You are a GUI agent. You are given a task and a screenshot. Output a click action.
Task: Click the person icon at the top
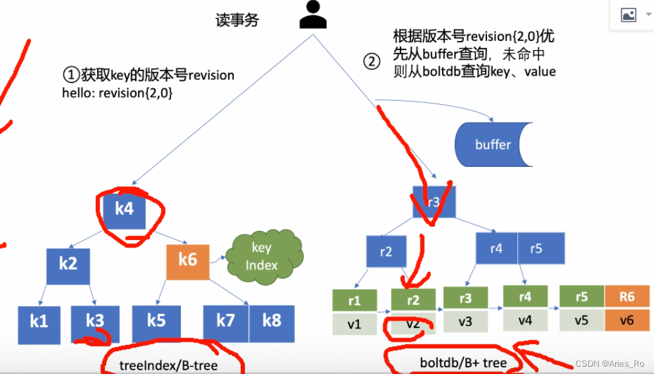(313, 15)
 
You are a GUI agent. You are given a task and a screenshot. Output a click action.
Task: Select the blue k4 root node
(125, 209)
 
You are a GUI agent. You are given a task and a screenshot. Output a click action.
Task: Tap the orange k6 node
(187, 259)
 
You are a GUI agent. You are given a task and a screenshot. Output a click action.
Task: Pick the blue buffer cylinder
(492, 144)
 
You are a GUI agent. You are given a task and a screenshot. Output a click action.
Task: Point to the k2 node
(67, 264)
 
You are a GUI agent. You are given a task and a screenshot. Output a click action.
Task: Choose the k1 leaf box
(39, 322)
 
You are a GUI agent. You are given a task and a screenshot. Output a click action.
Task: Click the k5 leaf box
(156, 322)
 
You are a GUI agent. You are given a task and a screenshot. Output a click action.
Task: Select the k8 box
(271, 322)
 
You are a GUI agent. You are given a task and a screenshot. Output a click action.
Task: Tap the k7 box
(226, 322)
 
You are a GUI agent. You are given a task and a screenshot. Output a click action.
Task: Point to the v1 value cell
(354, 323)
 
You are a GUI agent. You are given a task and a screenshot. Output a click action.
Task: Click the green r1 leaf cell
(354, 300)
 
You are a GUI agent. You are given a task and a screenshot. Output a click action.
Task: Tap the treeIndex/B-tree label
(168, 365)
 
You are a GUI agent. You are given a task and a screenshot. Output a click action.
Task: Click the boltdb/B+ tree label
(463, 362)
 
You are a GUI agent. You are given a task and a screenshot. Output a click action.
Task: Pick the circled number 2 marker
(372, 61)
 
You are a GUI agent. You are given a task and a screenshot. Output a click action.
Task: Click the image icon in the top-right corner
(628, 14)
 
